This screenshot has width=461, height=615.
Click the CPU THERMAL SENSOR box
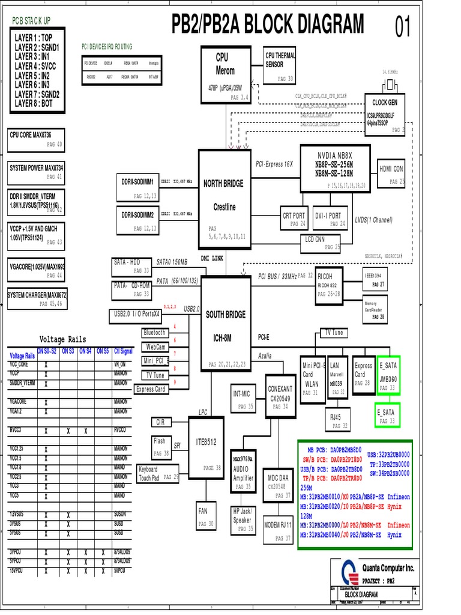click(x=280, y=65)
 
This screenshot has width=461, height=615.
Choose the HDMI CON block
click(x=391, y=172)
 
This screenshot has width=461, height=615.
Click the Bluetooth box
click(x=154, y=333)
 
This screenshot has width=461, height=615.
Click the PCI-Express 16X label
click(x=274, y=163)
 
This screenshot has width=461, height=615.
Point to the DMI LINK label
click(x=212, y=258)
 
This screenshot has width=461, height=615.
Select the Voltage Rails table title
click(x=62, y=339)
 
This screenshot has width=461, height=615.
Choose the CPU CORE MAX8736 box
click(x=36, y=140)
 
